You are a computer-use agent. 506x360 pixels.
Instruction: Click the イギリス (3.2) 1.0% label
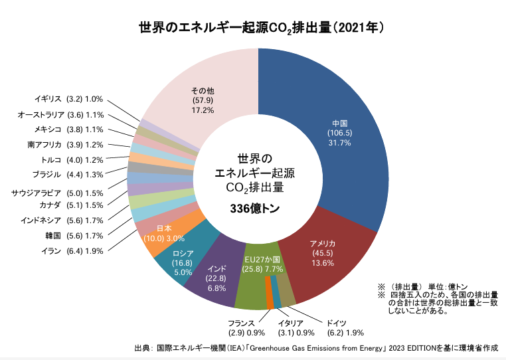click(70, 99)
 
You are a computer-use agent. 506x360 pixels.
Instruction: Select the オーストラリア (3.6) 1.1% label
click(61, 114)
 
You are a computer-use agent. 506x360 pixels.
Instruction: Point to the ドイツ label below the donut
click(332, 323)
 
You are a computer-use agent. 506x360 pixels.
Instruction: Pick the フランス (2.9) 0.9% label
click(246, 327)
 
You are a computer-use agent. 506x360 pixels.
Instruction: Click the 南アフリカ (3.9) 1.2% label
click(65, 145)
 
